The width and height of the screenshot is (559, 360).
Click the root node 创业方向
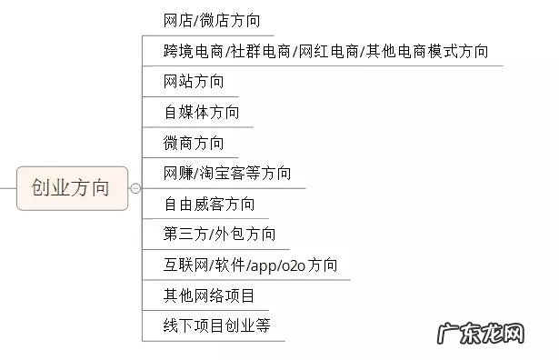pos(70,188)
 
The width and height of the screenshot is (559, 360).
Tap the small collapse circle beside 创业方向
pos(136,188)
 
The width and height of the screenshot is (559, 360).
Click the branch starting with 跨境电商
pos(325,51)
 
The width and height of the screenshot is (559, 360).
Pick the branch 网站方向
pos(194,82)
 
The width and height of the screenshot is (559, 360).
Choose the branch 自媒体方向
pos(202,113)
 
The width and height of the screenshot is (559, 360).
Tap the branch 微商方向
pos(194,143)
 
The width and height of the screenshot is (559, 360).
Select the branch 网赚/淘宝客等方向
pos(227,173)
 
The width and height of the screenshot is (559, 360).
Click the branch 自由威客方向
pos(209,204)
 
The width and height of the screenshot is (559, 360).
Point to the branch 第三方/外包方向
pos(219,235)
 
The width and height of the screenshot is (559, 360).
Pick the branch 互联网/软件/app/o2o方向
pos(250,265)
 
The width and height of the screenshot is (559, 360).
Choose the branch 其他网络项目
pos(209,295)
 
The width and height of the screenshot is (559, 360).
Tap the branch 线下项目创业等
pos(217,325)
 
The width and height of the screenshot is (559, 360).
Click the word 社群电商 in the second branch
pos(259,51)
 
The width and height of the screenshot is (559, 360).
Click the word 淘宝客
pos(220,173)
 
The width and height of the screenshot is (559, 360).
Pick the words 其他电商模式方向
pos(426,51)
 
